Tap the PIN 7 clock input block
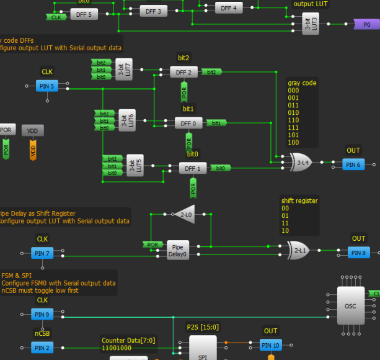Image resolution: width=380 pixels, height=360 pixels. pos(42,253)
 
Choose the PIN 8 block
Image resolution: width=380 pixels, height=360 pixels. pos(359,253)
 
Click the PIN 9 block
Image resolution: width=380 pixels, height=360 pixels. pos(42,314)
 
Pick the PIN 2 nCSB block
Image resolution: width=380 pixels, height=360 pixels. pos(42,348)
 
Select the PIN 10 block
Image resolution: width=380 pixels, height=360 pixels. pos(270,345)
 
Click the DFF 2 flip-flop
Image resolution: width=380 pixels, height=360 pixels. pos(184,72)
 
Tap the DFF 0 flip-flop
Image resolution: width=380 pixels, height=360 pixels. pos(188,124)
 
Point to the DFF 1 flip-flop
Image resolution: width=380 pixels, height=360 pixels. pos(193,168)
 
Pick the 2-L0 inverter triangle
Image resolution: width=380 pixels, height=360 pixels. pos(185,214)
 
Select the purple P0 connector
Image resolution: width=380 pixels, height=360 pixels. pos(366,24)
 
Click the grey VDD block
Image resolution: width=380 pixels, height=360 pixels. pos(33,131)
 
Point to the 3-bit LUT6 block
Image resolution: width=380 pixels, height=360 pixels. pos(126,120)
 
